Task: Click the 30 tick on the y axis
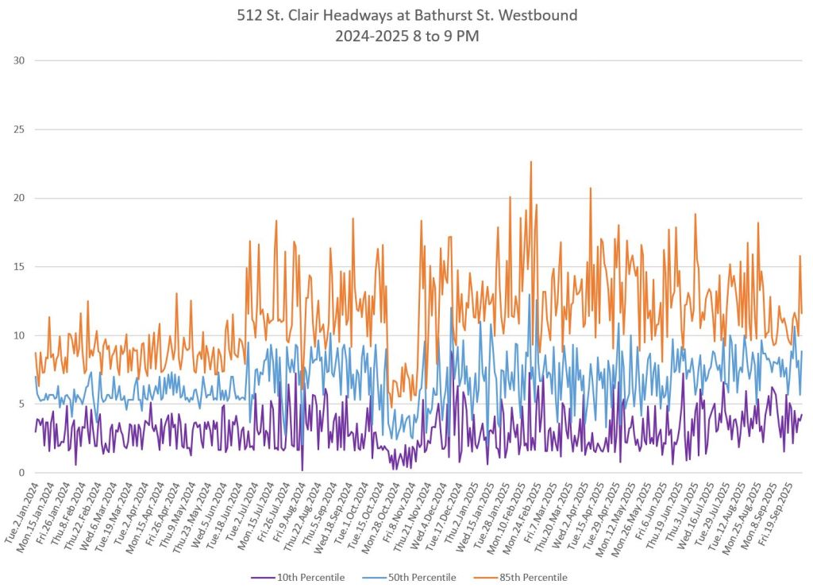pyautogui.click(x=18, y=60)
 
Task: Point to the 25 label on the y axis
pyautogui.click(x=18, y=129)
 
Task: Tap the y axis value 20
pyautogui.click(x=18, y=198)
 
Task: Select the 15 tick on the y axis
pyautogui.click(x=18, y=266)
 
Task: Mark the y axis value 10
pyautogui.click(x=18, y=335)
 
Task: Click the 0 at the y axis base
pyautogui.click(x=21, y=473)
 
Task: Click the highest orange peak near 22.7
pyautogui.click(x=530, y=162)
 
